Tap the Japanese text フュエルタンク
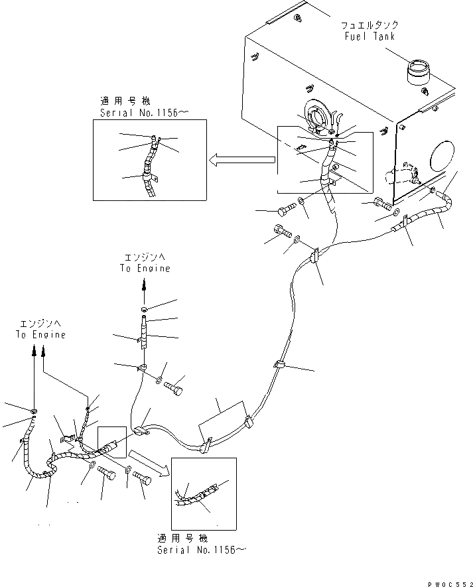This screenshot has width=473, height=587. pyautogui.click(x=370, y=25)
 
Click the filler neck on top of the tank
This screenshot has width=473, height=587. pyautogui.click(x=419, y=70)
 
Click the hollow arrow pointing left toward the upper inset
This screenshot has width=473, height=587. pyautogui.click(x=241, y=159)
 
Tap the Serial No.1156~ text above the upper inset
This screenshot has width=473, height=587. pyautogui.click(x=145, y=113)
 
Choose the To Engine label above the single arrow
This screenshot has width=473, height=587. pyautogui.click(x=145, y=269)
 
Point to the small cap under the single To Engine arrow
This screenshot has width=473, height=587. pyautogui.click(x=145, y=310)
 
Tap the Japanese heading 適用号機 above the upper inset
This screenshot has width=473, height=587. pyautogui.click(x=125, y=101)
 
